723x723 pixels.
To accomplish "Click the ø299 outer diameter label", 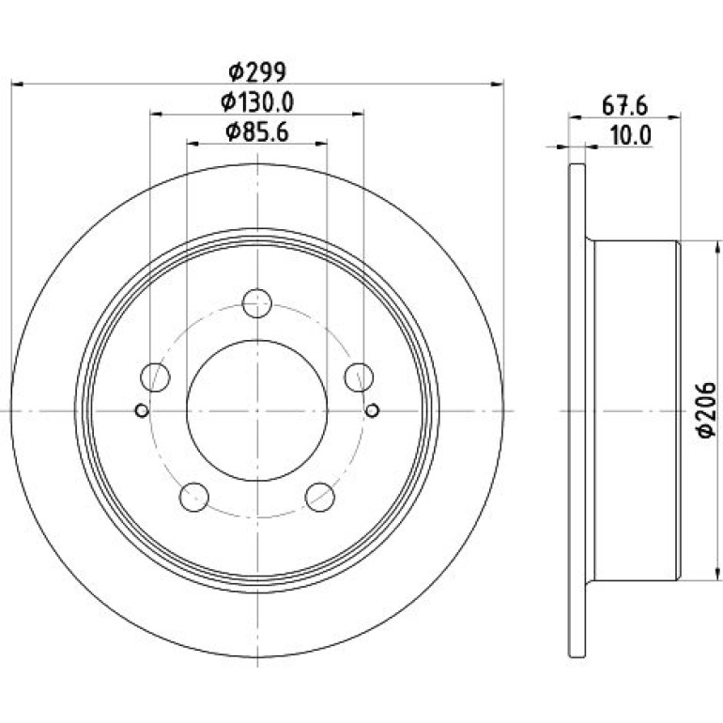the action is click(x=258, y=71).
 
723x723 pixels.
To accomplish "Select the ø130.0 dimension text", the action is click(x=257, y=102).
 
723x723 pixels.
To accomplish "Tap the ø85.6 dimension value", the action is click(x=257, y=131).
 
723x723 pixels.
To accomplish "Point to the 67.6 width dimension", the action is click(x=624, y=105).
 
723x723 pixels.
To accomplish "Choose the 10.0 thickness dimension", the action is click(x=630, y=135).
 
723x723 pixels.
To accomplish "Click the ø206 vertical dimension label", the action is click(x=706, y=409).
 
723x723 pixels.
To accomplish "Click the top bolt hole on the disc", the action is click(x=257, y=303).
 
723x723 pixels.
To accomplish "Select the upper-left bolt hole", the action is click(x=155, y=377).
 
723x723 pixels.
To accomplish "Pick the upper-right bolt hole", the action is click(x=359, y=377).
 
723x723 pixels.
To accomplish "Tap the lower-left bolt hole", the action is click(x=194, y=497).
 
